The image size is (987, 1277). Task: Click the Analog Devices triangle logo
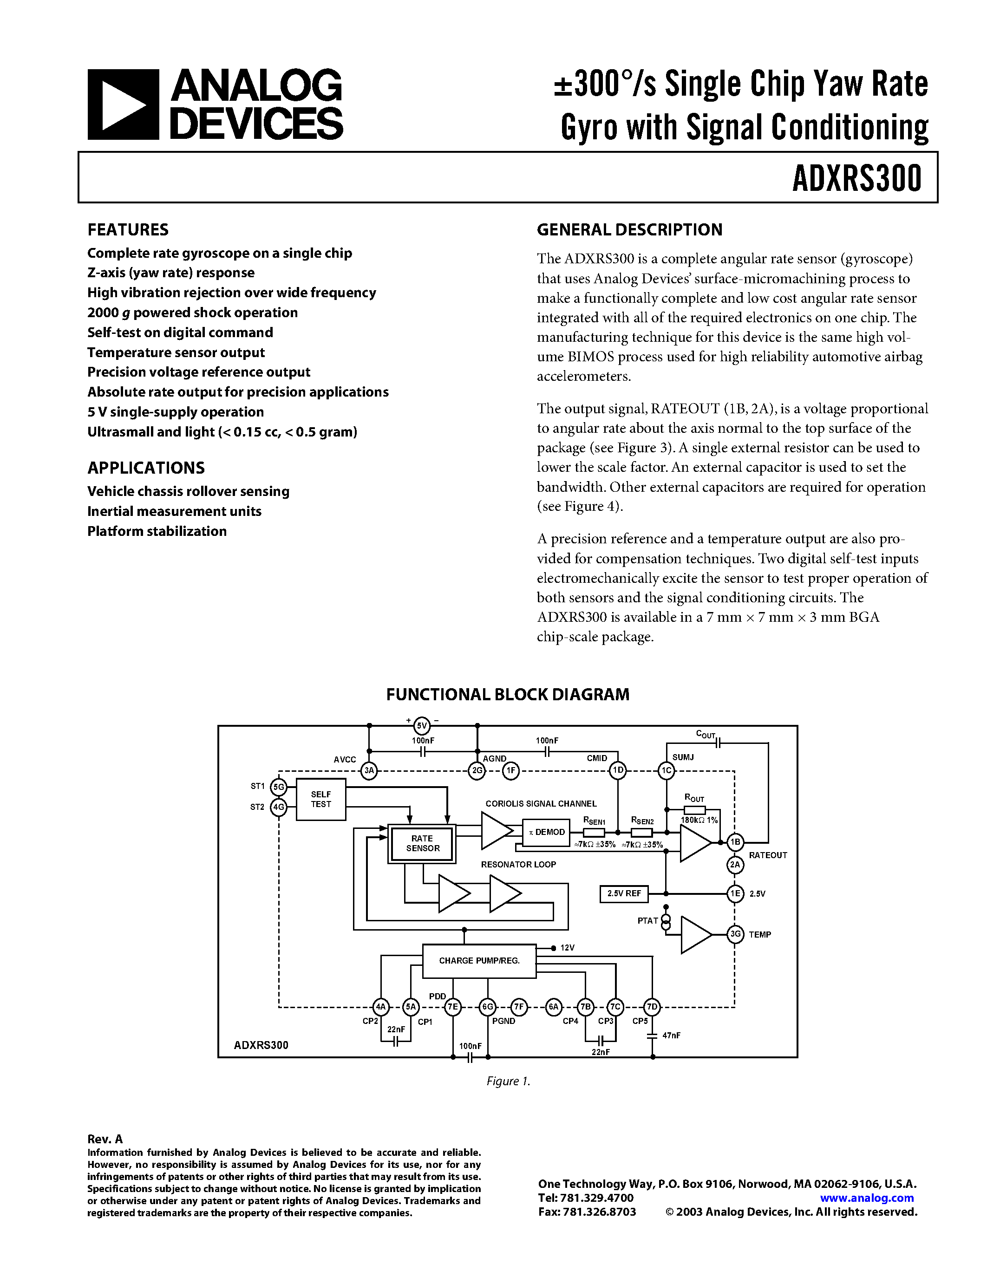pyautogui.click(x=123, y=104)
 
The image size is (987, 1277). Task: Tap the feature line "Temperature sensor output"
pyautogui.click(x=176, y=352)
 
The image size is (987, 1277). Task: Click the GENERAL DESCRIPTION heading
pyautogui.click(x=629, y=230)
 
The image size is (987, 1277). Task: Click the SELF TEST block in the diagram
pyautogui.click(x=320, y=799)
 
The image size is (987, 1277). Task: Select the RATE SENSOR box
pyautogui.click(x=422, y=844)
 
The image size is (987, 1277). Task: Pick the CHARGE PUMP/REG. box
pyautogui.click(x=479, y=961)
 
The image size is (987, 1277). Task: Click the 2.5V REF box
pyautogui.click(x=623, y=893)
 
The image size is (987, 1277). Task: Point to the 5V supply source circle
pyautogui.click(x=422, y=726)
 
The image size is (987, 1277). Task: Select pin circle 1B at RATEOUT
pyautogui.click(x=735, y=842)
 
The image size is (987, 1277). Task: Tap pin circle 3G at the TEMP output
pyautogui.click(x=735, y=934)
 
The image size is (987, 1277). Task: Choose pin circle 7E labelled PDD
pyautogui.click(x=452, y=1007)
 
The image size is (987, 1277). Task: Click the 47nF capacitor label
pyautogui.click(x=671, y=1036)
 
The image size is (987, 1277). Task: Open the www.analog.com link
pyautogui.click(x=867, y=1198)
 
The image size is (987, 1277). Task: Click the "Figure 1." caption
pyautogui.click(x=508, y=1081)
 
